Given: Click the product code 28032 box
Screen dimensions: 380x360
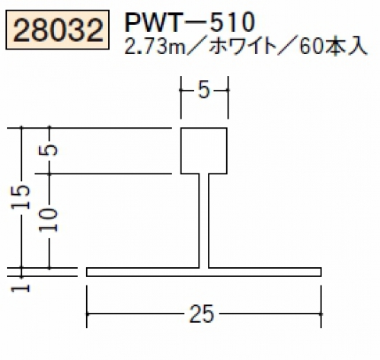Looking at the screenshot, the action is coord(57,30).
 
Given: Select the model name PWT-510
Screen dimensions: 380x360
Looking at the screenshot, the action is coord(189,22).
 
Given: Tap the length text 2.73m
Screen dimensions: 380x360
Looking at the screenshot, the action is coord(155,47).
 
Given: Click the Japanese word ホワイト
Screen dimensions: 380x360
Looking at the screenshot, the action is coord(243,47).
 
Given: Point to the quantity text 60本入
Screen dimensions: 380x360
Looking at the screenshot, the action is coord(334,46).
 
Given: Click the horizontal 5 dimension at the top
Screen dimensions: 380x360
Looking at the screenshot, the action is coord(204,91).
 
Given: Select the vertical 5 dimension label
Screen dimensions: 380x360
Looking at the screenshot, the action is coord(49,150).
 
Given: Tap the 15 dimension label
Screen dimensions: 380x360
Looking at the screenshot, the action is coord(21,197).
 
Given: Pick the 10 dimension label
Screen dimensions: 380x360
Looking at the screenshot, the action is coord(49,220).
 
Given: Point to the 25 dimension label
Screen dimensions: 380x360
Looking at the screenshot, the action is coord(202,314).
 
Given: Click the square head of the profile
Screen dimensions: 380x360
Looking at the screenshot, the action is coord(204,151).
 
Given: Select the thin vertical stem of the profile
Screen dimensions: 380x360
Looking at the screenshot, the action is coord(204,221).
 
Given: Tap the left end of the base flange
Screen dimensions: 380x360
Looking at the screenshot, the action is coord(87,272).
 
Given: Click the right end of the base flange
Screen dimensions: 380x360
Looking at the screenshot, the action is coord(321,272).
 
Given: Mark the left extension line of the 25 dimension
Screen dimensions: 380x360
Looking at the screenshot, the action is coord(87,307).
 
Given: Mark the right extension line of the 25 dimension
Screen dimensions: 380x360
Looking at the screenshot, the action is coord(321,307).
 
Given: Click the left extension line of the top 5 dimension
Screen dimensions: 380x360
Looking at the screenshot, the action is coord(180,97).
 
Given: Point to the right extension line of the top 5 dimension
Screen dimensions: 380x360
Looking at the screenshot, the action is coord(228,97).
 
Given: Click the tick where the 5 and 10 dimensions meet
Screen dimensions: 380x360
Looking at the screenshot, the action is coord(49,174).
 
